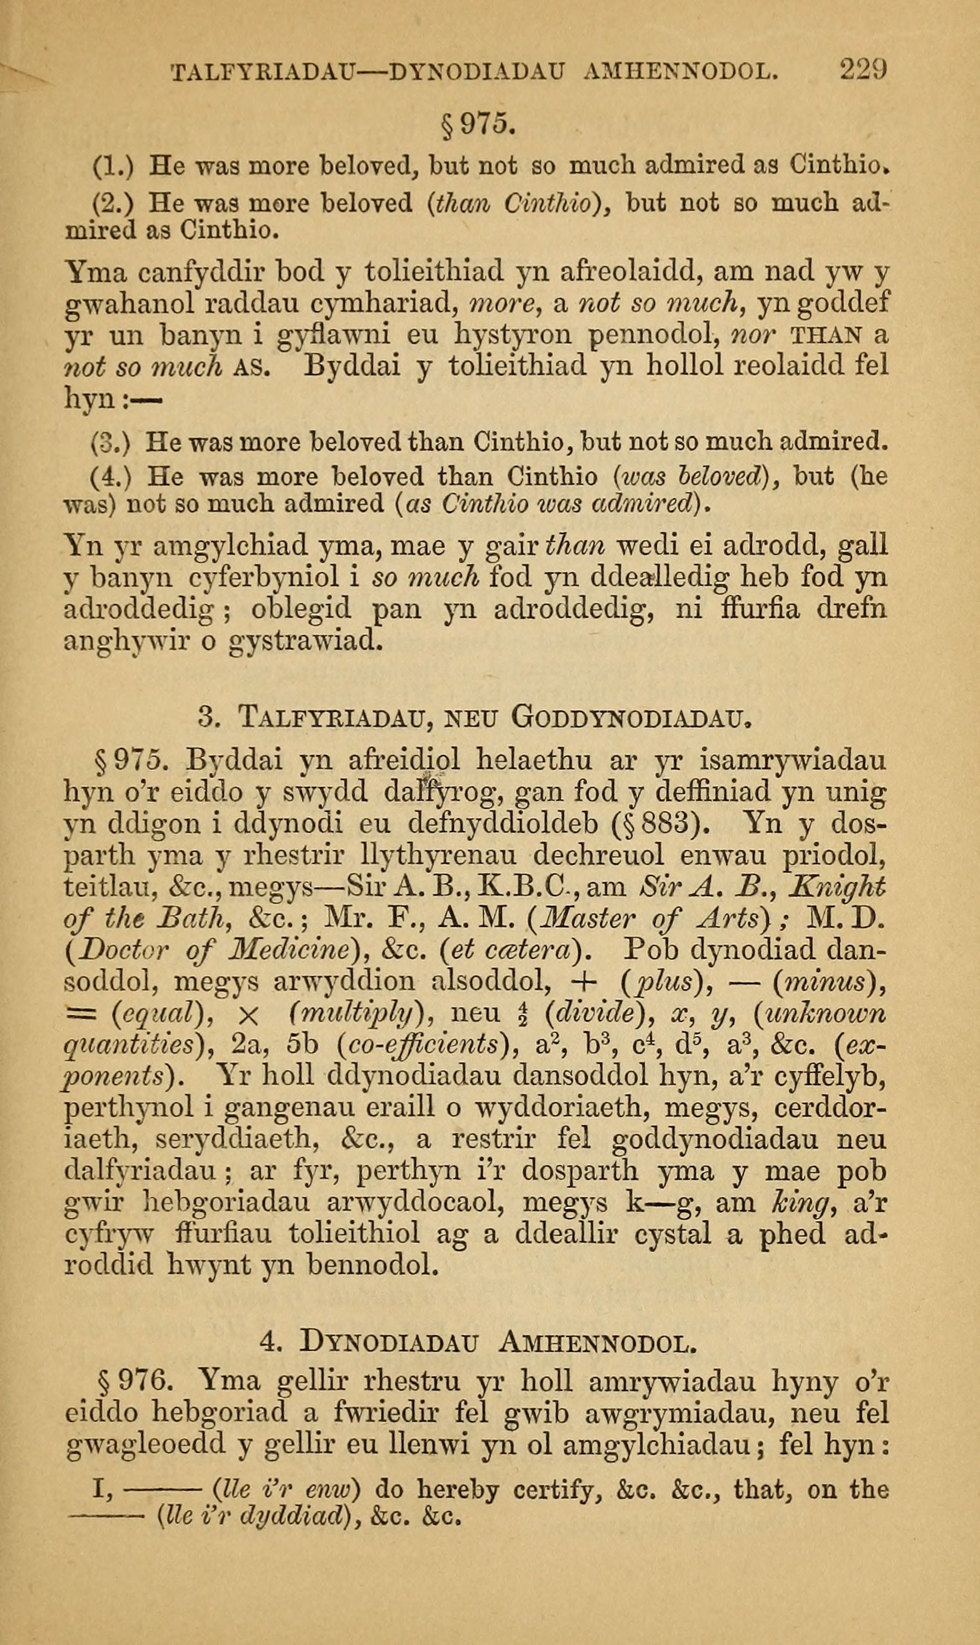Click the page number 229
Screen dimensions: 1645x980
pos(862,69)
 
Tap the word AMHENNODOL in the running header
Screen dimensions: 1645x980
pos(678,71)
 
